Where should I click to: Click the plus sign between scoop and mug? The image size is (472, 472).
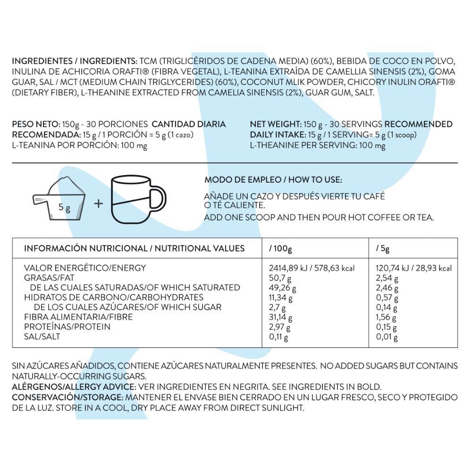[98, 203]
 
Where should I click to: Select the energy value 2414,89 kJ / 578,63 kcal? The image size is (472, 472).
[312, 268]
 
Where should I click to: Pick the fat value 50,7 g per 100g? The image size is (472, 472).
[278, 278]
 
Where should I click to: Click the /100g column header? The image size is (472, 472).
[280, 248]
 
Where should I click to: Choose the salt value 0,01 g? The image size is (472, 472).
[387, 337]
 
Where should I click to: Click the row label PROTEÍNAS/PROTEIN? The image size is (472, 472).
[67, 327]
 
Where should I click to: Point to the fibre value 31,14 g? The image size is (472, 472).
[280, 317]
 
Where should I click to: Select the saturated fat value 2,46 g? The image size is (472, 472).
[387, 288]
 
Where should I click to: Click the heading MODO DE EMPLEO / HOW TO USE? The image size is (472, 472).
[273, 180]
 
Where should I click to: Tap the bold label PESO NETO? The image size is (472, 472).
[36, 125]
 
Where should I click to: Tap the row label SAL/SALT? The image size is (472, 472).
[42, 337]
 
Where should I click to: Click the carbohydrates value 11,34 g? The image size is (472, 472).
[280, 298]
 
